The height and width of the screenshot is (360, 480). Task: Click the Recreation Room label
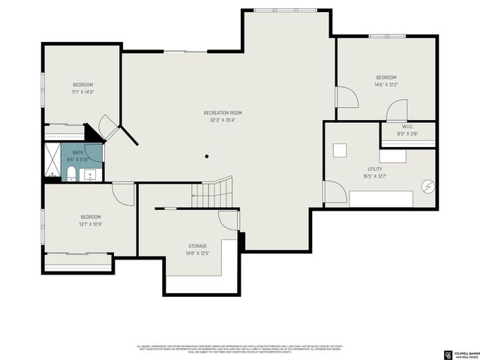223,112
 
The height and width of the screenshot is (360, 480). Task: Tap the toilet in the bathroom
71,175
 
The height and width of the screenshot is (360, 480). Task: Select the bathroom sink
91,175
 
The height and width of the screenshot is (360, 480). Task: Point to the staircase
211,194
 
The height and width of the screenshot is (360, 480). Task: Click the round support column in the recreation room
207,157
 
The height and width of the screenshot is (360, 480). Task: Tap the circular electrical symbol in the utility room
428,187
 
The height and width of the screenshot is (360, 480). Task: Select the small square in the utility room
340,150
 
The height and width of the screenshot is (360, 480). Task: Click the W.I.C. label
408,127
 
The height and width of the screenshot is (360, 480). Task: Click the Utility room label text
375,169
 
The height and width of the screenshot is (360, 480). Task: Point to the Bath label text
78,152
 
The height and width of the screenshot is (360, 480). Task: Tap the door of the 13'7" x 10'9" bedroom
124,193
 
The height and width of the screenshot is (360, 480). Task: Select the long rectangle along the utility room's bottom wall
382,199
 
